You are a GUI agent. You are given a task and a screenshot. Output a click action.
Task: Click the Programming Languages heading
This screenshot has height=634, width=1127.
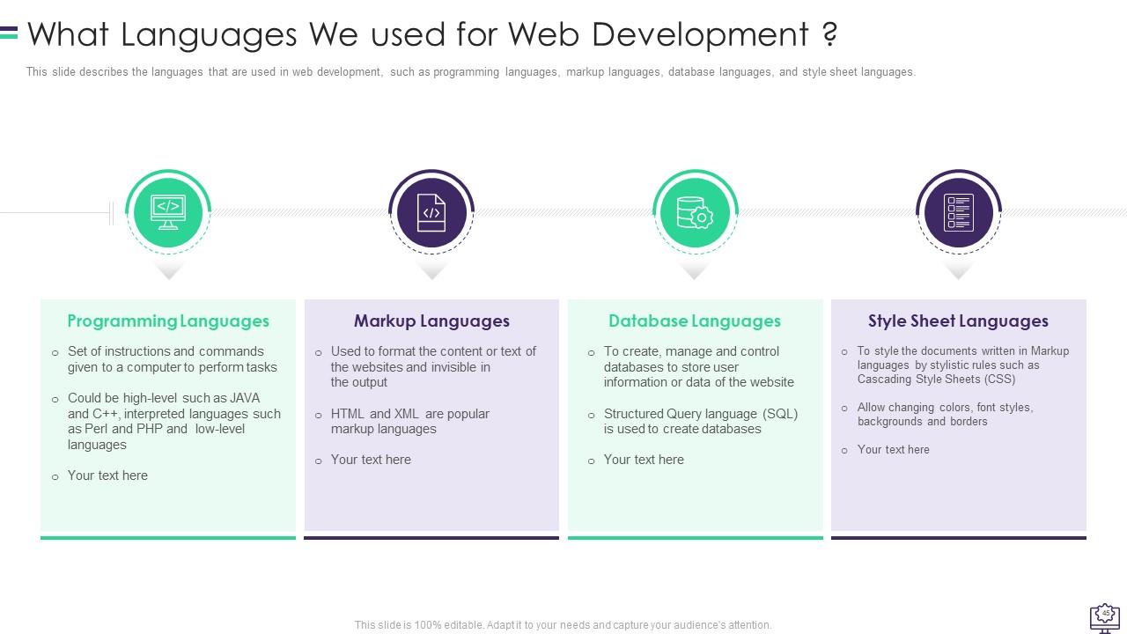pos(168,321)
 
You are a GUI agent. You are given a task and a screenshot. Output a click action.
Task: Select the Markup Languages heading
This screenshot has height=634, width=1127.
pos(431,321)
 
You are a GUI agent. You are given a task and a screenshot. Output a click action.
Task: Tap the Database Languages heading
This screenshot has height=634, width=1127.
pos(695,321)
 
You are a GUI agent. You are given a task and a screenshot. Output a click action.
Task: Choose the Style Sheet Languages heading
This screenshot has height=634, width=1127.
pos(958,321)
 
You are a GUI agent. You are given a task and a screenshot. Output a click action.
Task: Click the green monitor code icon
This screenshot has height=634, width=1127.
pos(167,212)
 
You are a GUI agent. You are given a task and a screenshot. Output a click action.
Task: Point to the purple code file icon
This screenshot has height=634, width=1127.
pos(431,212)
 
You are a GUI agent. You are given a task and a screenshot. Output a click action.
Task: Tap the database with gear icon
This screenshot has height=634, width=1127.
pos(695,212)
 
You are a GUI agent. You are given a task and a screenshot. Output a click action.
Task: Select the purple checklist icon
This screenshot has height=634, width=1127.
pos(958,212)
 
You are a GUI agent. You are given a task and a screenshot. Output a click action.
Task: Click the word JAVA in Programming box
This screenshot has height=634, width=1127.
pos(244,398)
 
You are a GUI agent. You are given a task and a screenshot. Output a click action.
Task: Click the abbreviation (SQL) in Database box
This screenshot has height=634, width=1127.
pos(780,414)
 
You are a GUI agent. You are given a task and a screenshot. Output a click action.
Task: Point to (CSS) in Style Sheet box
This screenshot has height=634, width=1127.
pos(999,380)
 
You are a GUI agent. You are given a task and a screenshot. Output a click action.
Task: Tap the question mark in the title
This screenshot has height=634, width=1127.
pos(829,34)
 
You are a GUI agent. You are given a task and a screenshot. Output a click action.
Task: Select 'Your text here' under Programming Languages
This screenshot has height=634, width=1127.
pos(107,475)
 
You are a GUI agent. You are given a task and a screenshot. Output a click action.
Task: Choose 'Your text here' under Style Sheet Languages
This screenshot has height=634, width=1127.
pos(893,450)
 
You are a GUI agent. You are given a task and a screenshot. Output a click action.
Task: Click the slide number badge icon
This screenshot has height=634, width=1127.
pos(1105,615)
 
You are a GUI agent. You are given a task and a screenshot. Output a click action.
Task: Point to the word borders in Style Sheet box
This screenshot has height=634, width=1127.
pos(969,422)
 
